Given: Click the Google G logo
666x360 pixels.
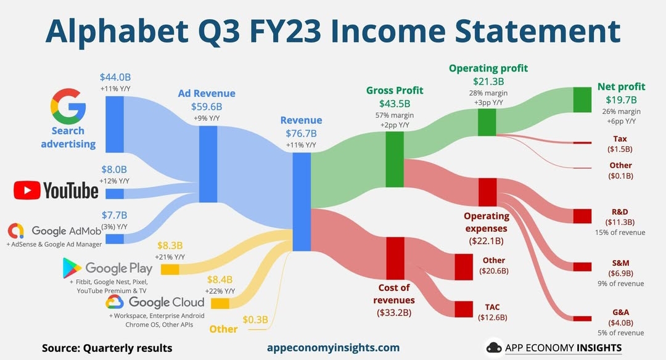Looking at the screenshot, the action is [68, 106].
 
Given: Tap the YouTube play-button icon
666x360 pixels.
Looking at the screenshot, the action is [27, 190].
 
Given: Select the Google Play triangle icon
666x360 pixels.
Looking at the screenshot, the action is [72, 268].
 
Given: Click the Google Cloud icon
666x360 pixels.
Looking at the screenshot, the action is [115, 302].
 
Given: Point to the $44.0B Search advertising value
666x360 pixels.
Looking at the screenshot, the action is [115, 77].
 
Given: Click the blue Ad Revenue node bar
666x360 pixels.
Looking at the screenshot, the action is [208, 164].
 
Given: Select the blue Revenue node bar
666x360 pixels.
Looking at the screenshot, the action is [302, 202].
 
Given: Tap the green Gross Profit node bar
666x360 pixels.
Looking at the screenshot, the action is [395, 159].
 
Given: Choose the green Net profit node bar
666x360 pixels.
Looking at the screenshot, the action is [582, 100].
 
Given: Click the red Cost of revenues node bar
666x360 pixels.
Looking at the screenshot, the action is [395, 258].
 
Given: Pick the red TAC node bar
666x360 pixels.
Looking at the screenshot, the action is [464, 309].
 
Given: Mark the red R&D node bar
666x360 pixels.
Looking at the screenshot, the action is [582, 216].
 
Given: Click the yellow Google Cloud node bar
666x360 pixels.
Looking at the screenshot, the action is [220, 303].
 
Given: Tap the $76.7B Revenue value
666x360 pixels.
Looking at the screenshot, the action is [301, 133].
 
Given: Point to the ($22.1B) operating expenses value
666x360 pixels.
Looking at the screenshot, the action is [487, 241].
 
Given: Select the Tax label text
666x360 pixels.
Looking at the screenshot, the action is [620, 139].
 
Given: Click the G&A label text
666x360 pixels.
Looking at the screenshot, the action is [620, 313].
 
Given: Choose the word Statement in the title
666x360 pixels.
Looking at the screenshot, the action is [538, 31].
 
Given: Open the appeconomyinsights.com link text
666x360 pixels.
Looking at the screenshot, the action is [334, 348].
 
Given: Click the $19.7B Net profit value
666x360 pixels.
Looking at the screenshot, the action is [622, 100].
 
